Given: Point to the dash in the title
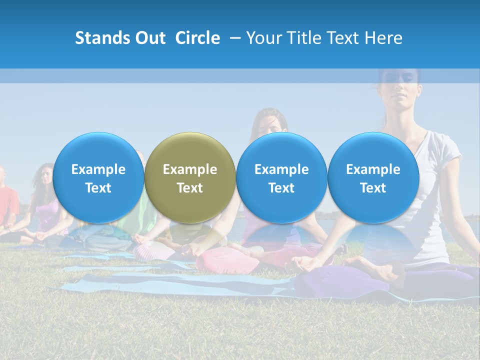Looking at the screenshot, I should [x=235, y=38].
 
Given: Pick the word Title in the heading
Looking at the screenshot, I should [x=305, y=38].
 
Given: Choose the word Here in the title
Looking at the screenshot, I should [x=383, y=38].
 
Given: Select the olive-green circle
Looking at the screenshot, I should [x=190, y=178].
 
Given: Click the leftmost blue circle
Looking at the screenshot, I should [x=98, y=178].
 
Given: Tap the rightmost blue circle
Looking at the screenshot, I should [x=373, y=178].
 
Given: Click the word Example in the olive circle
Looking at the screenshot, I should [x=190, y=169].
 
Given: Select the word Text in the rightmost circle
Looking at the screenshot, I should [x=373, y=188].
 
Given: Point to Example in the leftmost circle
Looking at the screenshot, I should [x=98, y=169].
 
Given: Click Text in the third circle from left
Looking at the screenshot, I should [x=281, y=188].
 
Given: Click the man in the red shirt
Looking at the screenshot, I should [x=7, y=200].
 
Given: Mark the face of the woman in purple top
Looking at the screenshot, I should [x=45, y=176].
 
